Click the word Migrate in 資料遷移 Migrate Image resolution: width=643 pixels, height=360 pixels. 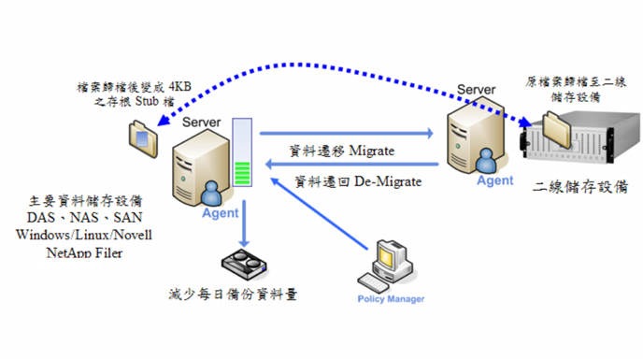tap(373, 151)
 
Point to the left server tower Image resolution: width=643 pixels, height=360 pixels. tap(198, 168)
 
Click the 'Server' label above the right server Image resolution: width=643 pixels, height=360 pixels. tap(476, 90)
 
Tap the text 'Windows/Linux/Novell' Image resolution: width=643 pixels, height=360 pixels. tap(83, 234)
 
